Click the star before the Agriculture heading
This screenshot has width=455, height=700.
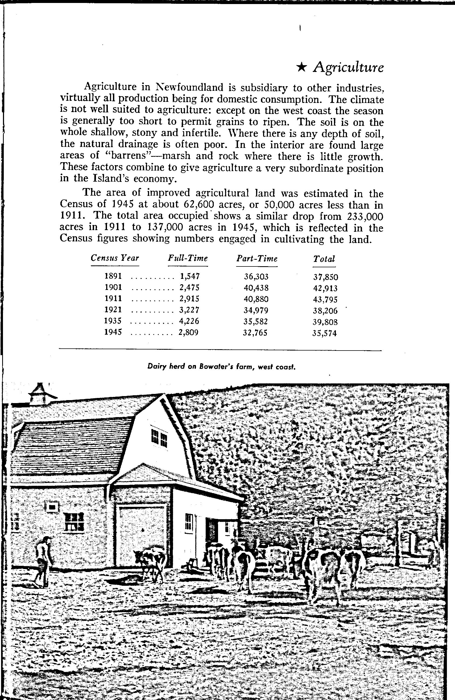301,68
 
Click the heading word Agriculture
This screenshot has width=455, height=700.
349,68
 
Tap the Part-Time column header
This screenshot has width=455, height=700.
257,259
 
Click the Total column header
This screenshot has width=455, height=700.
324,259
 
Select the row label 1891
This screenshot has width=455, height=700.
113,276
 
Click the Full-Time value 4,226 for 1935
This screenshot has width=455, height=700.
189,321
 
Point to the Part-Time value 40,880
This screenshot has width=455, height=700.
256,299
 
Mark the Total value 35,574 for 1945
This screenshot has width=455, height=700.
325,333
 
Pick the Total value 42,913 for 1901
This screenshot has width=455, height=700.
325,288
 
